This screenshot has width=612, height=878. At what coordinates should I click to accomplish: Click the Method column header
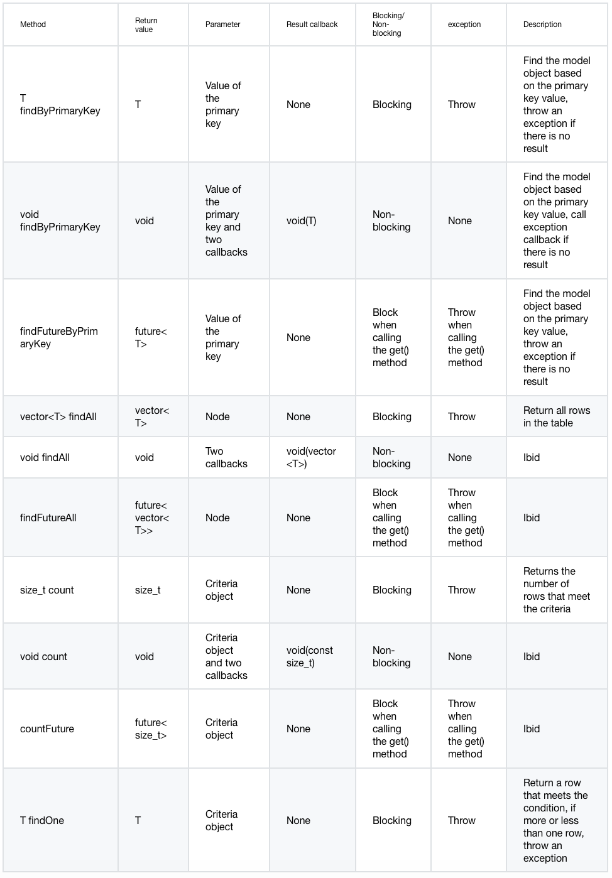pos(33,24)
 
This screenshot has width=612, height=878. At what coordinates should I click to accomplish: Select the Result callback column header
pos(312,24)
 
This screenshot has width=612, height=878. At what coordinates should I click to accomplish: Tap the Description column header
pos(542,24)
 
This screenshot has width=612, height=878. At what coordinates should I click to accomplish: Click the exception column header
pos(464,24)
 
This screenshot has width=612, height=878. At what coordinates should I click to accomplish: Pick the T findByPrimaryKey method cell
pos(60,104)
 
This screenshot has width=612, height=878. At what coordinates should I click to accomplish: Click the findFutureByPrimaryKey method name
pos(59,337)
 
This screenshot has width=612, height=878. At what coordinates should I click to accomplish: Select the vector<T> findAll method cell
pos(58,416)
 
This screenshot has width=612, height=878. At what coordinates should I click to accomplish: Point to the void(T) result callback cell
pos(302,220)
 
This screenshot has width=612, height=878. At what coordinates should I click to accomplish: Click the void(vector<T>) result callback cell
pos(311,457)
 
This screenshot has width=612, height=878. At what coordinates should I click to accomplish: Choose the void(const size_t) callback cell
pos(310,656)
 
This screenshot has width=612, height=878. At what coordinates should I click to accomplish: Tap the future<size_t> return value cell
pos(151,729)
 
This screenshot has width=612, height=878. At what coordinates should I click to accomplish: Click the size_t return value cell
pos(148,590)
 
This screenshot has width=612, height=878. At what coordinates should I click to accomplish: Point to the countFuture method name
pos(47,729)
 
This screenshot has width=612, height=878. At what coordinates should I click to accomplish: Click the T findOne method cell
pos(42,820)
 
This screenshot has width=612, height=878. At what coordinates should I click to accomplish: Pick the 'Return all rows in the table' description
pos(556,416)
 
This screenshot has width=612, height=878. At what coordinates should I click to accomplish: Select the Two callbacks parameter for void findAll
pos(226,457)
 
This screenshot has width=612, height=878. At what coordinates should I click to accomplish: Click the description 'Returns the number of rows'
pos(556,590)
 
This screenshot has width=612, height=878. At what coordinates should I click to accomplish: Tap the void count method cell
pos(43,656)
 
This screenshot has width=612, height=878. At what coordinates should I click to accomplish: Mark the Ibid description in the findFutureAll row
pos(532,518)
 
